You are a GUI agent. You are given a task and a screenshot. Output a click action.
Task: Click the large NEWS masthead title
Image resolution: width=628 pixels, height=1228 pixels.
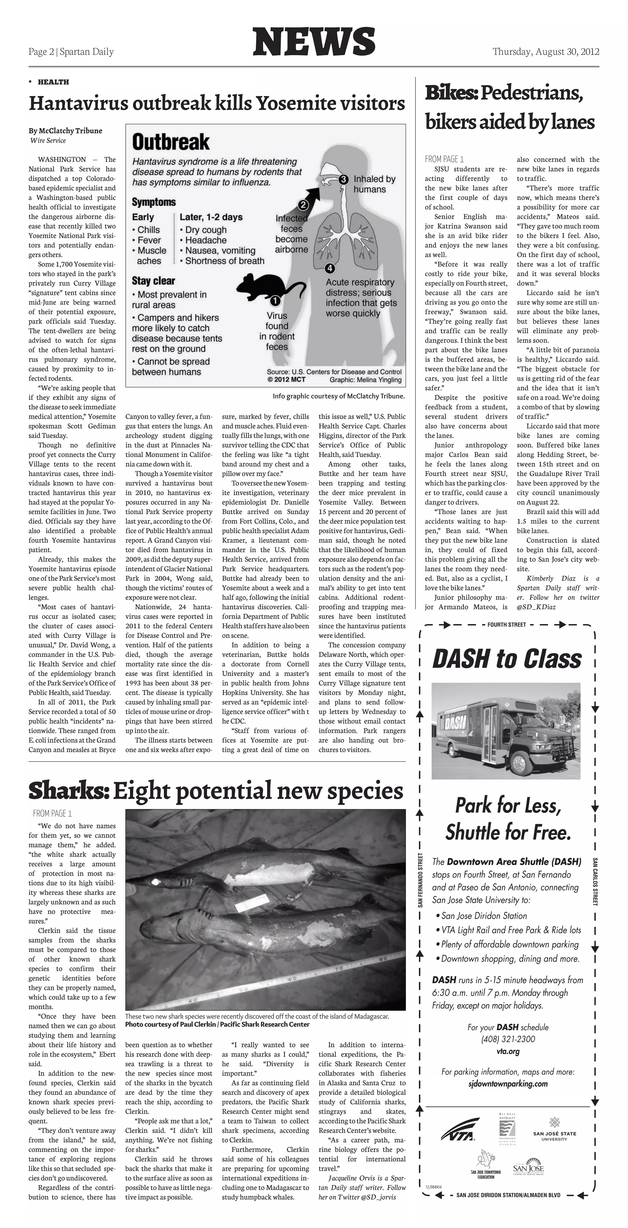pyautogui.click(x=314, y=42)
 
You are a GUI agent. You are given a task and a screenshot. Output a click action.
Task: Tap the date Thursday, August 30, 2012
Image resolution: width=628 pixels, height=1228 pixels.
pyautogui.click(x=546, y=52)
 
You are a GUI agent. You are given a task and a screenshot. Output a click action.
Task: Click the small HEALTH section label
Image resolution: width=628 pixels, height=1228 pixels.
pyautogui.click(x=53, y=82)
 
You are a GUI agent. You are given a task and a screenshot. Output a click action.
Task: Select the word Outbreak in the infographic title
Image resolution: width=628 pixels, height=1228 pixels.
pyautogui.click(x=170, y=142)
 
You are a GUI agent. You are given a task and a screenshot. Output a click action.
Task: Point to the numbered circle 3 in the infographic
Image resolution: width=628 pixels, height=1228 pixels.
pyautogui.click(x=343, y=179)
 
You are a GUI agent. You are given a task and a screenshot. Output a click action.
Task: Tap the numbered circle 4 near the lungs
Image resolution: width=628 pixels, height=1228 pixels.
pyautogui.click(x=330, y=268)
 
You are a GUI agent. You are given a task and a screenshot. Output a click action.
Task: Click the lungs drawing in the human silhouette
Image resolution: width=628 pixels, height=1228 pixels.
pyautogui.click(x=342, y=236)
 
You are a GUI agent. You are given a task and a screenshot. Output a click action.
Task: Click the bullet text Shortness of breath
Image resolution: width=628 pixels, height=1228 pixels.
pyautogui.click(x=224, y=261)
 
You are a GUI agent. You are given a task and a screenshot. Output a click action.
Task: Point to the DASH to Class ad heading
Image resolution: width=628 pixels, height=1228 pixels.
pyautogui.click(x=507, y=659)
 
